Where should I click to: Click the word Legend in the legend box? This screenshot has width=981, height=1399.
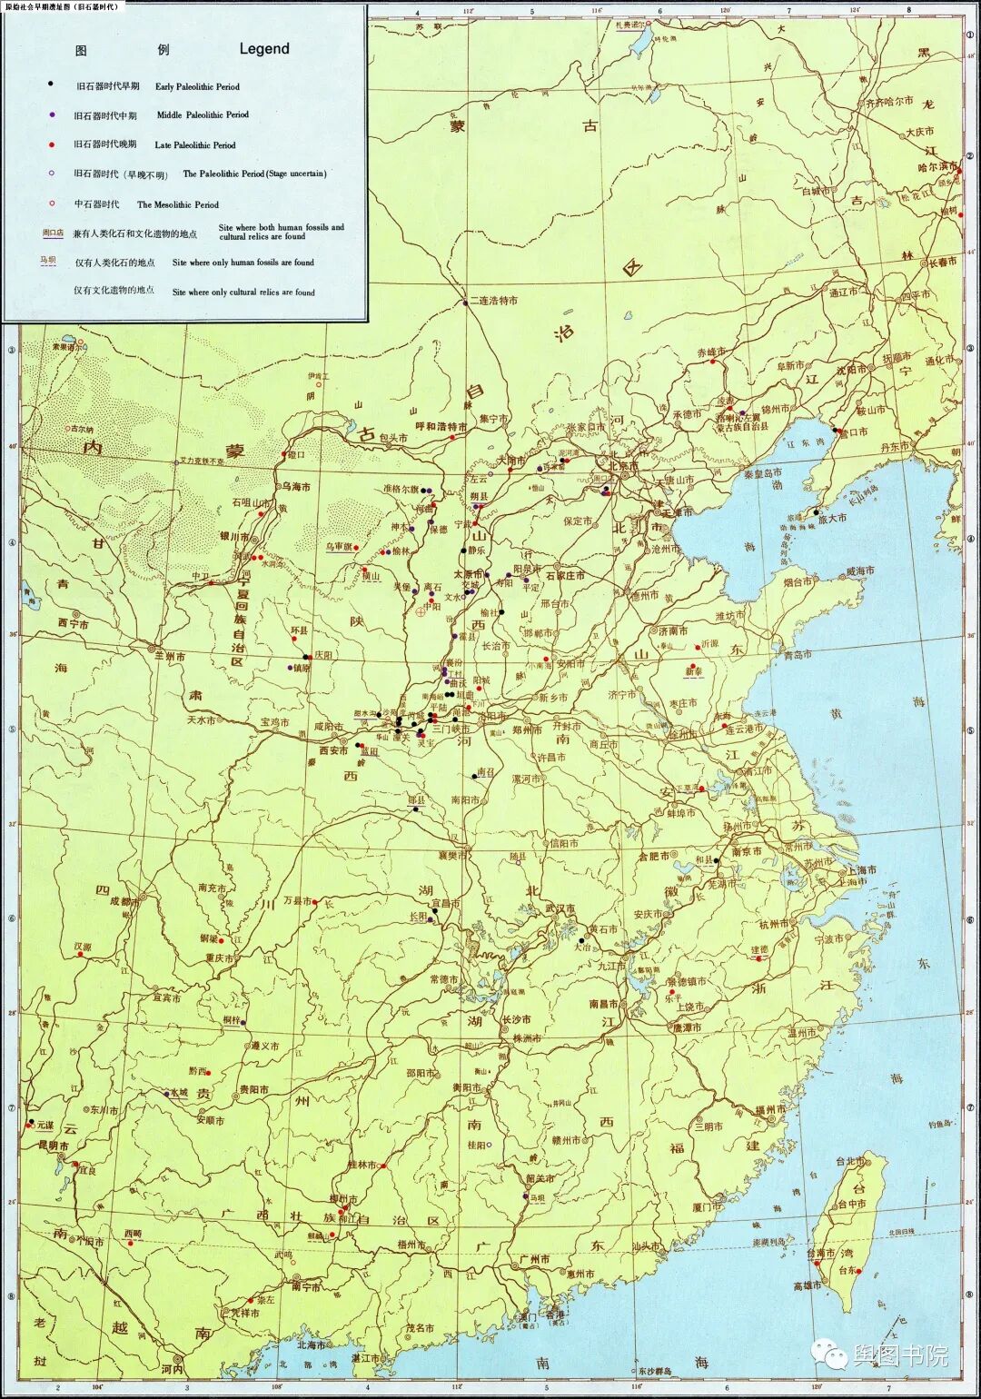coord(264,49)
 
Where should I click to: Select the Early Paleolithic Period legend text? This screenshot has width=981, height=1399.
coord(197,86)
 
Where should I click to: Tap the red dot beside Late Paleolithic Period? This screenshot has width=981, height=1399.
coord(52,144)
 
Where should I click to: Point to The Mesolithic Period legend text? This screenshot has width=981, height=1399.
coord(178,204)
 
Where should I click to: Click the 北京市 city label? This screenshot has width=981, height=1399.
coord(624,466)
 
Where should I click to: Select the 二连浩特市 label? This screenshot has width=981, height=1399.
coord(494,300)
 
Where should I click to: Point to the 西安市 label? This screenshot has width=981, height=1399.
coord(333,751)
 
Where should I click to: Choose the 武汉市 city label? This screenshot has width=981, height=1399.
coord(560,908)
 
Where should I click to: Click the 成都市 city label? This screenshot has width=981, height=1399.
coord(124,902)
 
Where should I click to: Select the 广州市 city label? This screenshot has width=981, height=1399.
coord(534,1259)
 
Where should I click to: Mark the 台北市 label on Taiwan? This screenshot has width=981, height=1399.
coord(850,1161)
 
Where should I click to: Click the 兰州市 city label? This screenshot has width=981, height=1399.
coord(170,656)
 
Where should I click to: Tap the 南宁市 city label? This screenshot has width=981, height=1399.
coord(306,1286)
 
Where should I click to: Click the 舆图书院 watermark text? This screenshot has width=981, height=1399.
coord(899,1356)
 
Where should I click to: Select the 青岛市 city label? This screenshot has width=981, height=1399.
coord(798,654)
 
